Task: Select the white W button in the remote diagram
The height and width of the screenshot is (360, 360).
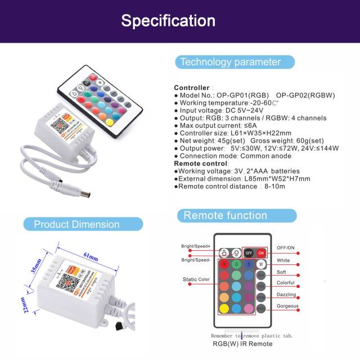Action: [x=260, y=264]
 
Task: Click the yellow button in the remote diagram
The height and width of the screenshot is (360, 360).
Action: [x=223, y=308]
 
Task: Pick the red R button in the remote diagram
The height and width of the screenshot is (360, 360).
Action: [x=223, y=264]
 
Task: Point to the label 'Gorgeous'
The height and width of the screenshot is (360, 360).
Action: [x=287, y=306]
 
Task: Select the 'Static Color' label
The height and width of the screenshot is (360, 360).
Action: [x=196, y=279]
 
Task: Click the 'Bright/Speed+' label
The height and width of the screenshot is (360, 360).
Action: [x=195, y=246]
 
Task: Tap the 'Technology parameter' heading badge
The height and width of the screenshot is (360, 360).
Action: [x=230, y=62]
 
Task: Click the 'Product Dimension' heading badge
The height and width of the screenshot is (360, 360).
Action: [x=76, y=224]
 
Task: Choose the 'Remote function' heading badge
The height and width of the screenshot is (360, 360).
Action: [x=226, y=215]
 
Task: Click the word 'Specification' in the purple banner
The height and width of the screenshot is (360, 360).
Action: [x=168, y=21]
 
